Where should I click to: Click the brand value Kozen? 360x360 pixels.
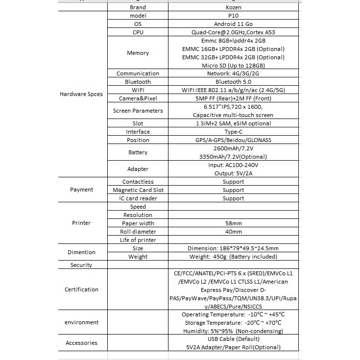click(x=233, y=7)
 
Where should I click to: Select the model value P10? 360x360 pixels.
click(x=233, y=16)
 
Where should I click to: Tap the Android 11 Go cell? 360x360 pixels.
click(x=233, y=24)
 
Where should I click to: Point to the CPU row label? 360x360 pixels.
click(x=138, y=32)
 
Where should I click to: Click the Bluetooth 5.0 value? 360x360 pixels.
click(x=233, y=82)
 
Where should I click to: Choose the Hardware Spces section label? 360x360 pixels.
click(x=81, y=94)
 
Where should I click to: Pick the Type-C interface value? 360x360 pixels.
click(x=233, y=132)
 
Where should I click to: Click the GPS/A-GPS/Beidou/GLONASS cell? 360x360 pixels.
click(x=233, y=140)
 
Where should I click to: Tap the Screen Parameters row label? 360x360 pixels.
click(x=138, y=111)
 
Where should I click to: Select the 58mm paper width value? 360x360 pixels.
click(x=233, y=223)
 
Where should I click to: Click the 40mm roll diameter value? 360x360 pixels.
click(x=233, y=232)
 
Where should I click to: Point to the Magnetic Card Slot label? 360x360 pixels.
click(x=138, y=190)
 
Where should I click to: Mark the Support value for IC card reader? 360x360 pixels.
click(x=233, y=198)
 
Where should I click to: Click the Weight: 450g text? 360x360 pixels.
click(x=233, y=257)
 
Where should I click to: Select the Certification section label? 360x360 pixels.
click(x=81, y=289)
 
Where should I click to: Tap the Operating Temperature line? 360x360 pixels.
click(x=233, y=314)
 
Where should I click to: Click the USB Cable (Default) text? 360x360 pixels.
click(x=233, y=339)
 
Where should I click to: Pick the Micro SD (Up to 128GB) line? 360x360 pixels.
click(x=233, y=66)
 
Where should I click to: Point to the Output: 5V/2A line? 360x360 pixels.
click(x=233, y=173)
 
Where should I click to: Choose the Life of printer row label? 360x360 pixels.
click(x=138, y=240)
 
